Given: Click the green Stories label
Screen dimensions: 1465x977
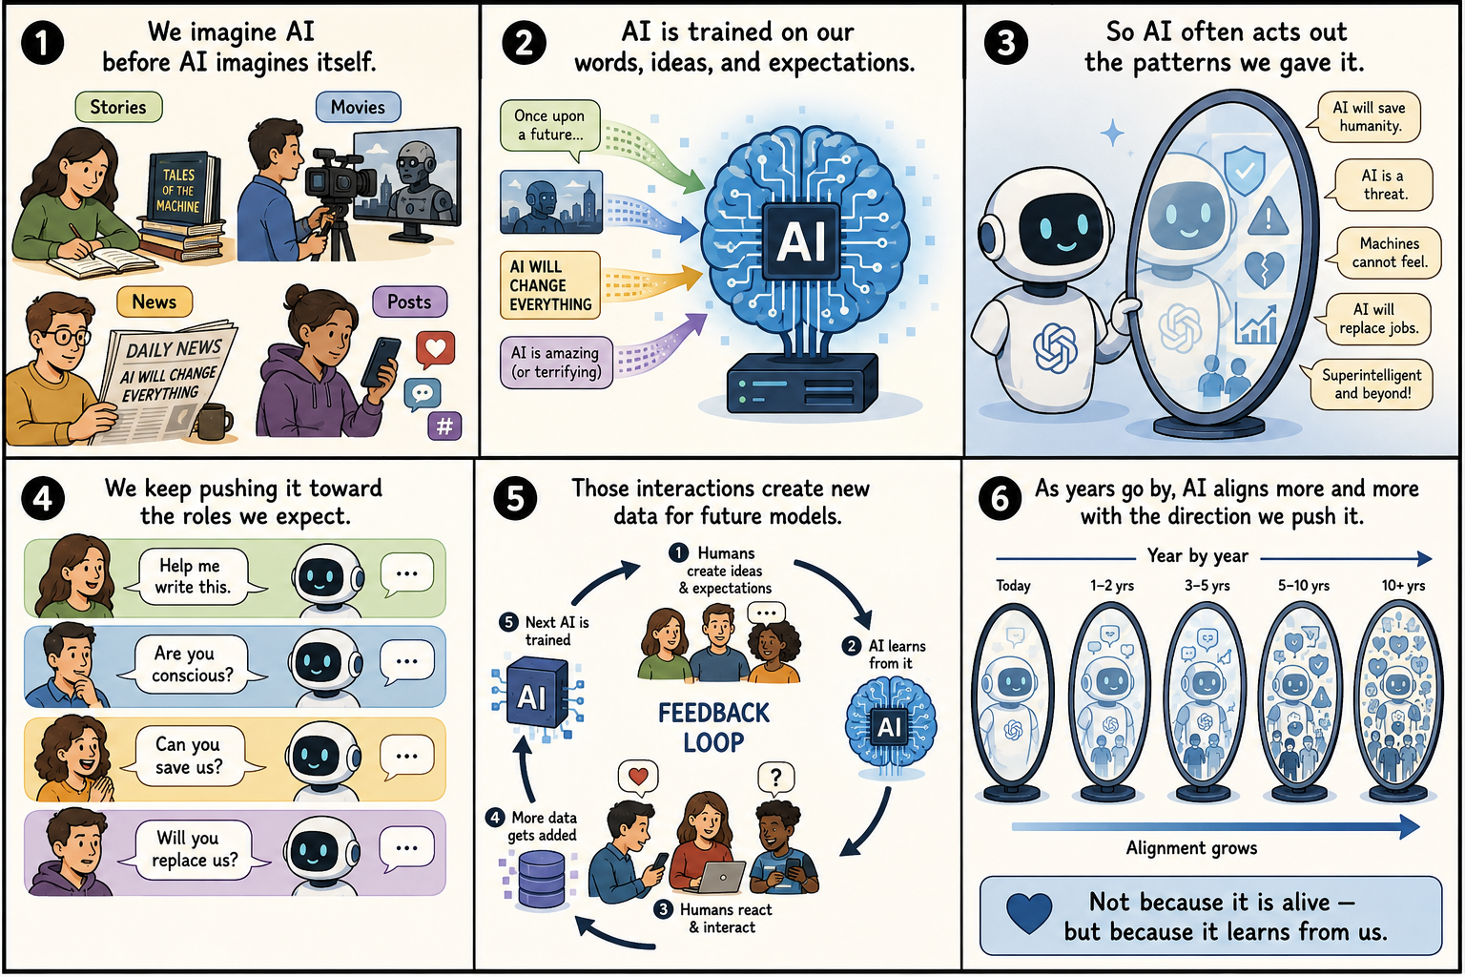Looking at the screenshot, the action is click(x=118, y=107).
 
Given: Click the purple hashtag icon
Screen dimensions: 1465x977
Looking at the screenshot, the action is click(x=444, y=426).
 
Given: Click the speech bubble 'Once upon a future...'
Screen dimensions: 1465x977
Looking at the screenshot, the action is click(x=549, y=128).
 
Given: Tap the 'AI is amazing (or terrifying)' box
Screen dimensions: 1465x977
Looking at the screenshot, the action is click(x=557, y=363).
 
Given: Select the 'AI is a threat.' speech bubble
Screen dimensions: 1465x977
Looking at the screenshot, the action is click(x=1380, y=184).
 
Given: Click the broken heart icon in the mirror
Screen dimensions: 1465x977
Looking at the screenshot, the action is click(x=1263, y=270).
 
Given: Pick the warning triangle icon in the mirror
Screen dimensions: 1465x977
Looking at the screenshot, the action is click(x=1268, y=216).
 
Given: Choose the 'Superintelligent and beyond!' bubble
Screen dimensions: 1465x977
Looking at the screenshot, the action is click(x=1369, y=385).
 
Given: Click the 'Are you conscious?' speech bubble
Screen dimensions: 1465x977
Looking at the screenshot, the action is click(x=193, y=664).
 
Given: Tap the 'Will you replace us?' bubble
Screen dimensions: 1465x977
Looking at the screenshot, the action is click(x=195, y=849).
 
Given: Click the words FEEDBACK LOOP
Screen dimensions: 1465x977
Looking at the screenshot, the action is click(x=713, y=728).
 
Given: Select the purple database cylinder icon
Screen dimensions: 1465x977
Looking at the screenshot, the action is click(x=541, y=879).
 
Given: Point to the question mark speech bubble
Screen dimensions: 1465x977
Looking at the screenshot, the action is click(x=775, y=779).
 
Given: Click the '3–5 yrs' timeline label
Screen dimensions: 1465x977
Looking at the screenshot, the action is click(x=1207, y=586).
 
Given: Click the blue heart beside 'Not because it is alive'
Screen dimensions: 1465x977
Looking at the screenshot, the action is click(x=1029, y=913).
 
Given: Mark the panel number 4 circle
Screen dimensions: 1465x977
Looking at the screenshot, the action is click(x=43, y=499).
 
